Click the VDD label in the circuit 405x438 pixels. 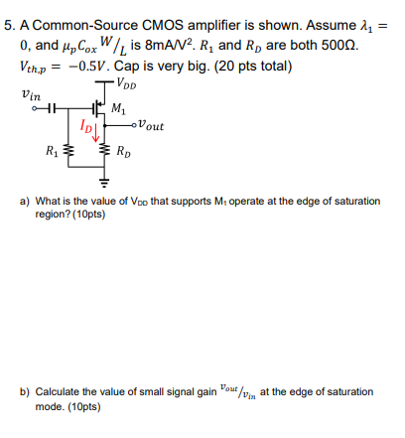click(127, 82)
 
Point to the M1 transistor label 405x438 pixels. click(119, 108)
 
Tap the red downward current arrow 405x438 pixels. click(96, 130)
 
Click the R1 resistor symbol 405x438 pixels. click(67, 152)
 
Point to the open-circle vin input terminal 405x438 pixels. click(37, 107)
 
